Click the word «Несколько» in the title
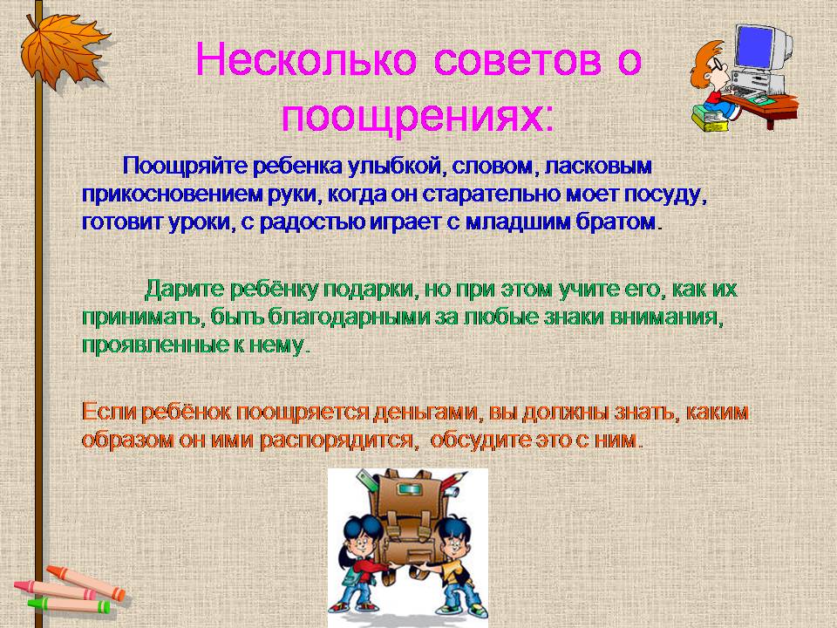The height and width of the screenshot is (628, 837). click(306, 59)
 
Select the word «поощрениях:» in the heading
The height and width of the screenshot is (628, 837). click(418, 115)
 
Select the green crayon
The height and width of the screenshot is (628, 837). click(70, 605)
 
